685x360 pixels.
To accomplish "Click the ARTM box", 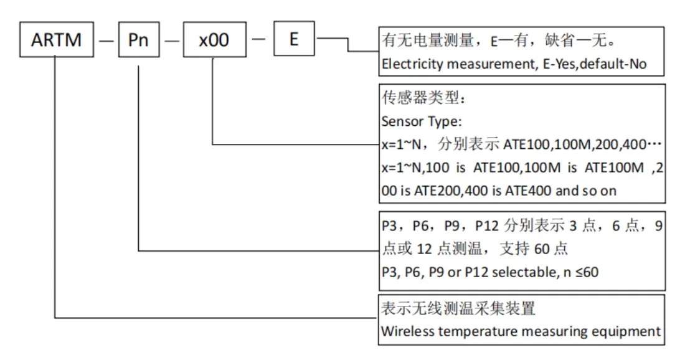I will tap(56, 40).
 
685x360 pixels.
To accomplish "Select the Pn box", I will tap(138, 40).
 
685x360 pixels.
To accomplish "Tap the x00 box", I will tap(214, 40).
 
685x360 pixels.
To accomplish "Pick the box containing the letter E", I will tap(294, 40).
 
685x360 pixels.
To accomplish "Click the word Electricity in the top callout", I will tap(408, 64).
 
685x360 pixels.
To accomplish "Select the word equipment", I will tap(630, 331).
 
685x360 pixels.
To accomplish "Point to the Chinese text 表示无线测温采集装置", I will tap(458, 309).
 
